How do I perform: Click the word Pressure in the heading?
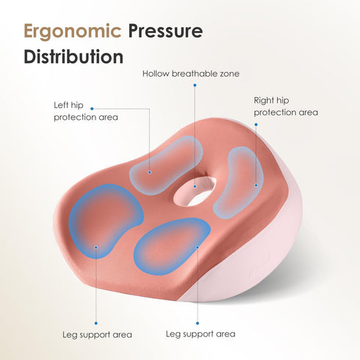click(x=165, y=31)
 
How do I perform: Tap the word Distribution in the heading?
click(x=73, y=57)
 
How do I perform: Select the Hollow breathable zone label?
click(x=191, y=73)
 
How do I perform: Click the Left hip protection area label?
click(x=86, y=112)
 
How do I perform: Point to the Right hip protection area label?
click(x=286, y=107)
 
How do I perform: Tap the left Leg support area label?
click(x=97, y=335)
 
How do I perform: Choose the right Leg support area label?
click(x=201, y=334)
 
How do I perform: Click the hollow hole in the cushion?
click(x=195, y=192)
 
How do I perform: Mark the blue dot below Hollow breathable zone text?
click(x=195, y=85)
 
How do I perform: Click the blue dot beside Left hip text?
click(x=92, y=109)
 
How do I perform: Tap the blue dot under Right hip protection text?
click(x=256, y=125)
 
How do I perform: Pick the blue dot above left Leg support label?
click(x=96, y=323)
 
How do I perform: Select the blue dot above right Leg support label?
click(x=198, y=323)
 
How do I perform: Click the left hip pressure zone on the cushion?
click(x=166, y=165)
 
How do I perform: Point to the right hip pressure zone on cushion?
click(x=239, y=182)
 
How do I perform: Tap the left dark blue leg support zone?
click(x=104, y=221)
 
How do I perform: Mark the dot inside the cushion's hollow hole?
click(x=195, y=187)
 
